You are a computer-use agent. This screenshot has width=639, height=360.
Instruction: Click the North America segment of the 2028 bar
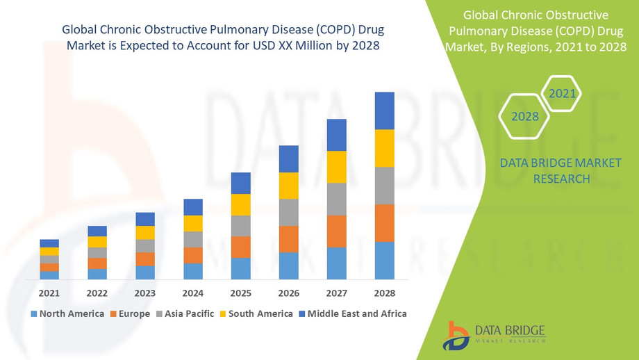384,261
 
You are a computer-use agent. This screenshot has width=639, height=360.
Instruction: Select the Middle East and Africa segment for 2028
384,111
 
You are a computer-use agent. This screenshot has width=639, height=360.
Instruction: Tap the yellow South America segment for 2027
337,167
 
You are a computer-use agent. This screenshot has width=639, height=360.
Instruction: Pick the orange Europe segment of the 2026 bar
289,239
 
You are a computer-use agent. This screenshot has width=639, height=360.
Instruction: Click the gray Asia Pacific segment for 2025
241,226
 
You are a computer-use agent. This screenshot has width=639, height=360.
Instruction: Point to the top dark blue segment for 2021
49,243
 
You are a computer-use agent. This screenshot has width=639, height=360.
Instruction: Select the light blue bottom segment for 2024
193,271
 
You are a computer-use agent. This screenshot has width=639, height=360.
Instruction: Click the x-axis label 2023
145,293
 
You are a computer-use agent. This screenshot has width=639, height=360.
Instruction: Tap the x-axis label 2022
97,293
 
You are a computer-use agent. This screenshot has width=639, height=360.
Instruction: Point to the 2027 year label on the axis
337,293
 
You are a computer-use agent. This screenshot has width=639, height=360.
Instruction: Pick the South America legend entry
256,313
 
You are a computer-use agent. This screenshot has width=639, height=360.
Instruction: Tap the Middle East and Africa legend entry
352,313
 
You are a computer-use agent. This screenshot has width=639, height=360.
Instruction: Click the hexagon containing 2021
561,93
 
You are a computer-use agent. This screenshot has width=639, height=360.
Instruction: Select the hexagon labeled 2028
525,116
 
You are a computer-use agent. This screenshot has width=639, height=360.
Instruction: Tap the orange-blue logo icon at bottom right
458,335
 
